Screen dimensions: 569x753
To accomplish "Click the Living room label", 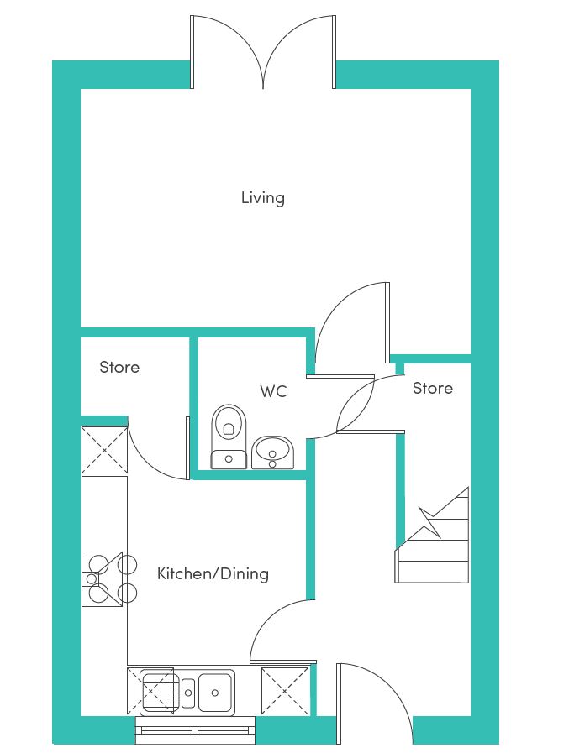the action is [262, 198].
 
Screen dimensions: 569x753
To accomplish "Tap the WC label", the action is [273, 391].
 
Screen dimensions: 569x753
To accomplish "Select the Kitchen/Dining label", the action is [213, 573].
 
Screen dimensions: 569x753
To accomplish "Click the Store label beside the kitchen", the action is [119, 368].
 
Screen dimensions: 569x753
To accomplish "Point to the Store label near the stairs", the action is [432, 388].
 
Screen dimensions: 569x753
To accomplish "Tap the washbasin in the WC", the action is [272, 452].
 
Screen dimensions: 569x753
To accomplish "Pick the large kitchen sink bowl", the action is [215, 692].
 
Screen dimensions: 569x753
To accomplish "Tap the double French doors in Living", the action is [262, 52].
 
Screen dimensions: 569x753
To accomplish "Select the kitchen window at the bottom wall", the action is [195, 730].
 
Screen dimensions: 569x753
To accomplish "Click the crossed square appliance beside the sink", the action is [285, 691].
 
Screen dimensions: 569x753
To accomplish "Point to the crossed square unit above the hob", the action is [104, 450].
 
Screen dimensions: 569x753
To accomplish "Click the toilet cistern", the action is [229, 459].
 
